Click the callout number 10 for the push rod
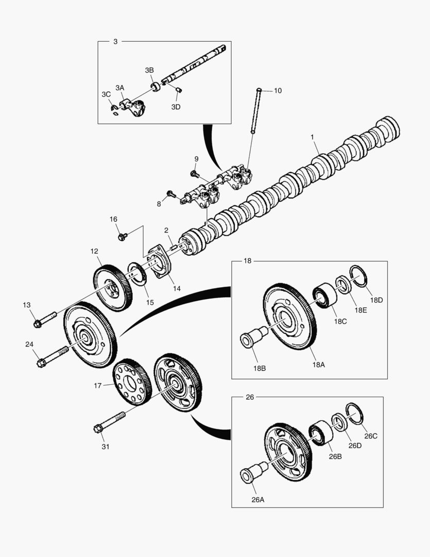point(278,91)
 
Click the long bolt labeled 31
point(108,422)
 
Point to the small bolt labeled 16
point(123,237)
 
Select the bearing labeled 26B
point(321,432)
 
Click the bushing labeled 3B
point(155,85)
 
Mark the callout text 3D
point(176,107)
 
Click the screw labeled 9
point(195,174)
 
